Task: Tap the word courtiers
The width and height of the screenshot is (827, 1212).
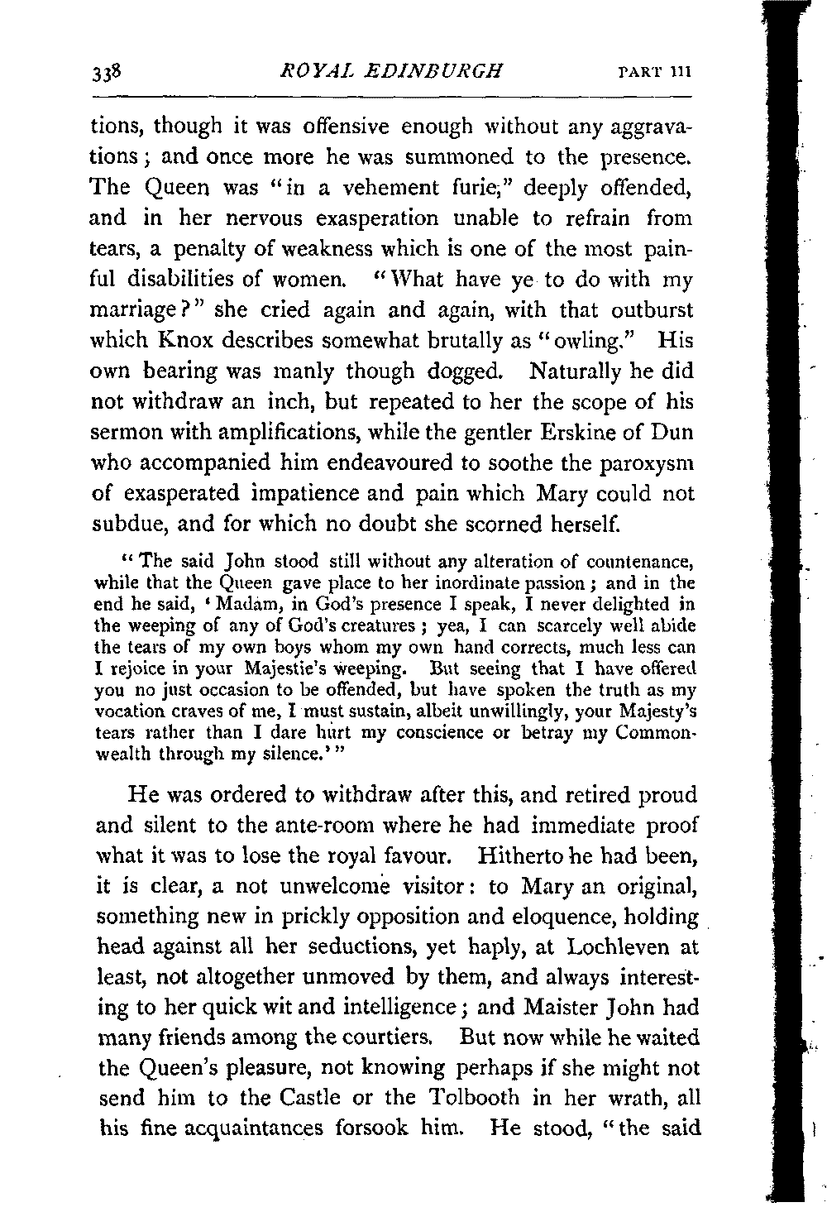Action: (x=375, y=1067)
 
